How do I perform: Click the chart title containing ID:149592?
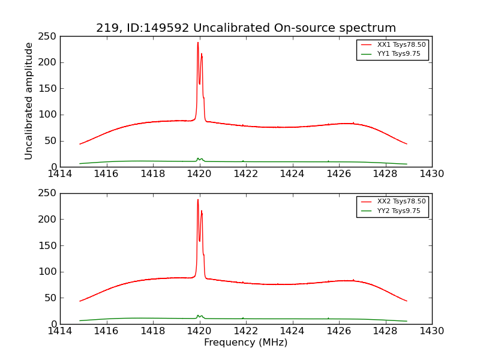pyautogui.click(x=246, y=28)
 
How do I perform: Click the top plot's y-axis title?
pyautogui.click(x=29, y=101)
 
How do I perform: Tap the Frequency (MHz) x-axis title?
pyautogui.click(x=246, y=343)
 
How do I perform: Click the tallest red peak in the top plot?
pyautogui.click(x=198, y=43)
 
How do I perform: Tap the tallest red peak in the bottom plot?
pyautogui.click(x=198, y=200)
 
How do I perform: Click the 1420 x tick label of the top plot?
pyautogui.click(x=200, y=174)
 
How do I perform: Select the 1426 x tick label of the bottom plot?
pyautogui.click(x=339, y=331)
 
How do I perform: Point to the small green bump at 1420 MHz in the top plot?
pyautogui.click(x=199, y=158)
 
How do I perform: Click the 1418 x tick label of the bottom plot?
pyautogui.click(x=153, y=331)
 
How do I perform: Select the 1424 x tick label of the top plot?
pyautogui.click(x=293, y=174)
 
